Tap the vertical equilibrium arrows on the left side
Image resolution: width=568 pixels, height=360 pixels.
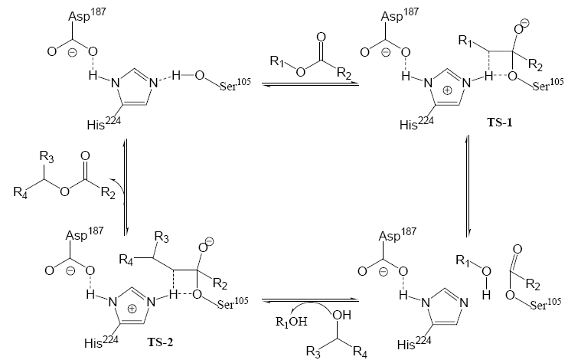click(x=123, y=183)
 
